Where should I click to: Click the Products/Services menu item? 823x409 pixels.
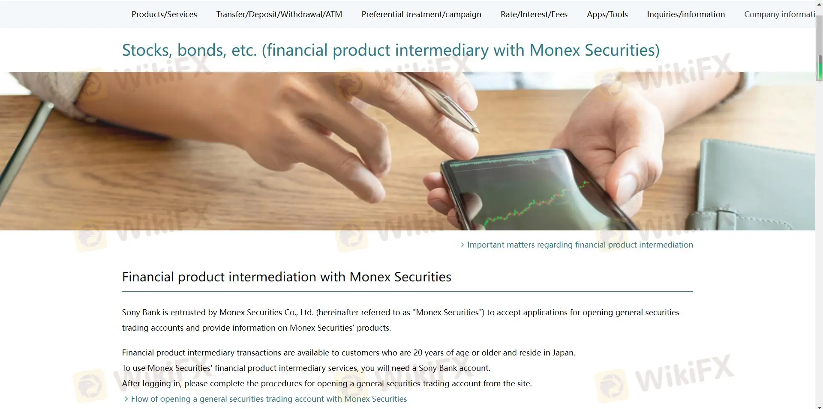pos(164,14)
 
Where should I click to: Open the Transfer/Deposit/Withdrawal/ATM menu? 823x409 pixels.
pos(279,14)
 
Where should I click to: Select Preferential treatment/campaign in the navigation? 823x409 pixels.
pos(421,14)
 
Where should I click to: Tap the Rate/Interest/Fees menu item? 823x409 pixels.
pos(534,14)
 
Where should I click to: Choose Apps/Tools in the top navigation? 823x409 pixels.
pos(607,14)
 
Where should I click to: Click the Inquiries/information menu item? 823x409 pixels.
pos(686,14)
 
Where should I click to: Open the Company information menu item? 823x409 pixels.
pos(779,14)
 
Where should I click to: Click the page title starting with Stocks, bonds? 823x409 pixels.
pos(391,50)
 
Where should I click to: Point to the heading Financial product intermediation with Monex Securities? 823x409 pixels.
pos(287,277)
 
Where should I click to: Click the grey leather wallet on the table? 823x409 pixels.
pos(754,184)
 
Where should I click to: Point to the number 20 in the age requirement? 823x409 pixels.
pos(418,352)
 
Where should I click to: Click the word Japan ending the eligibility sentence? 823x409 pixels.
pos(564,353)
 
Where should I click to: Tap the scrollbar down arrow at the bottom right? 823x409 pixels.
pos(820,406)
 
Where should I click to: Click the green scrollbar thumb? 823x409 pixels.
pos(820,68)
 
